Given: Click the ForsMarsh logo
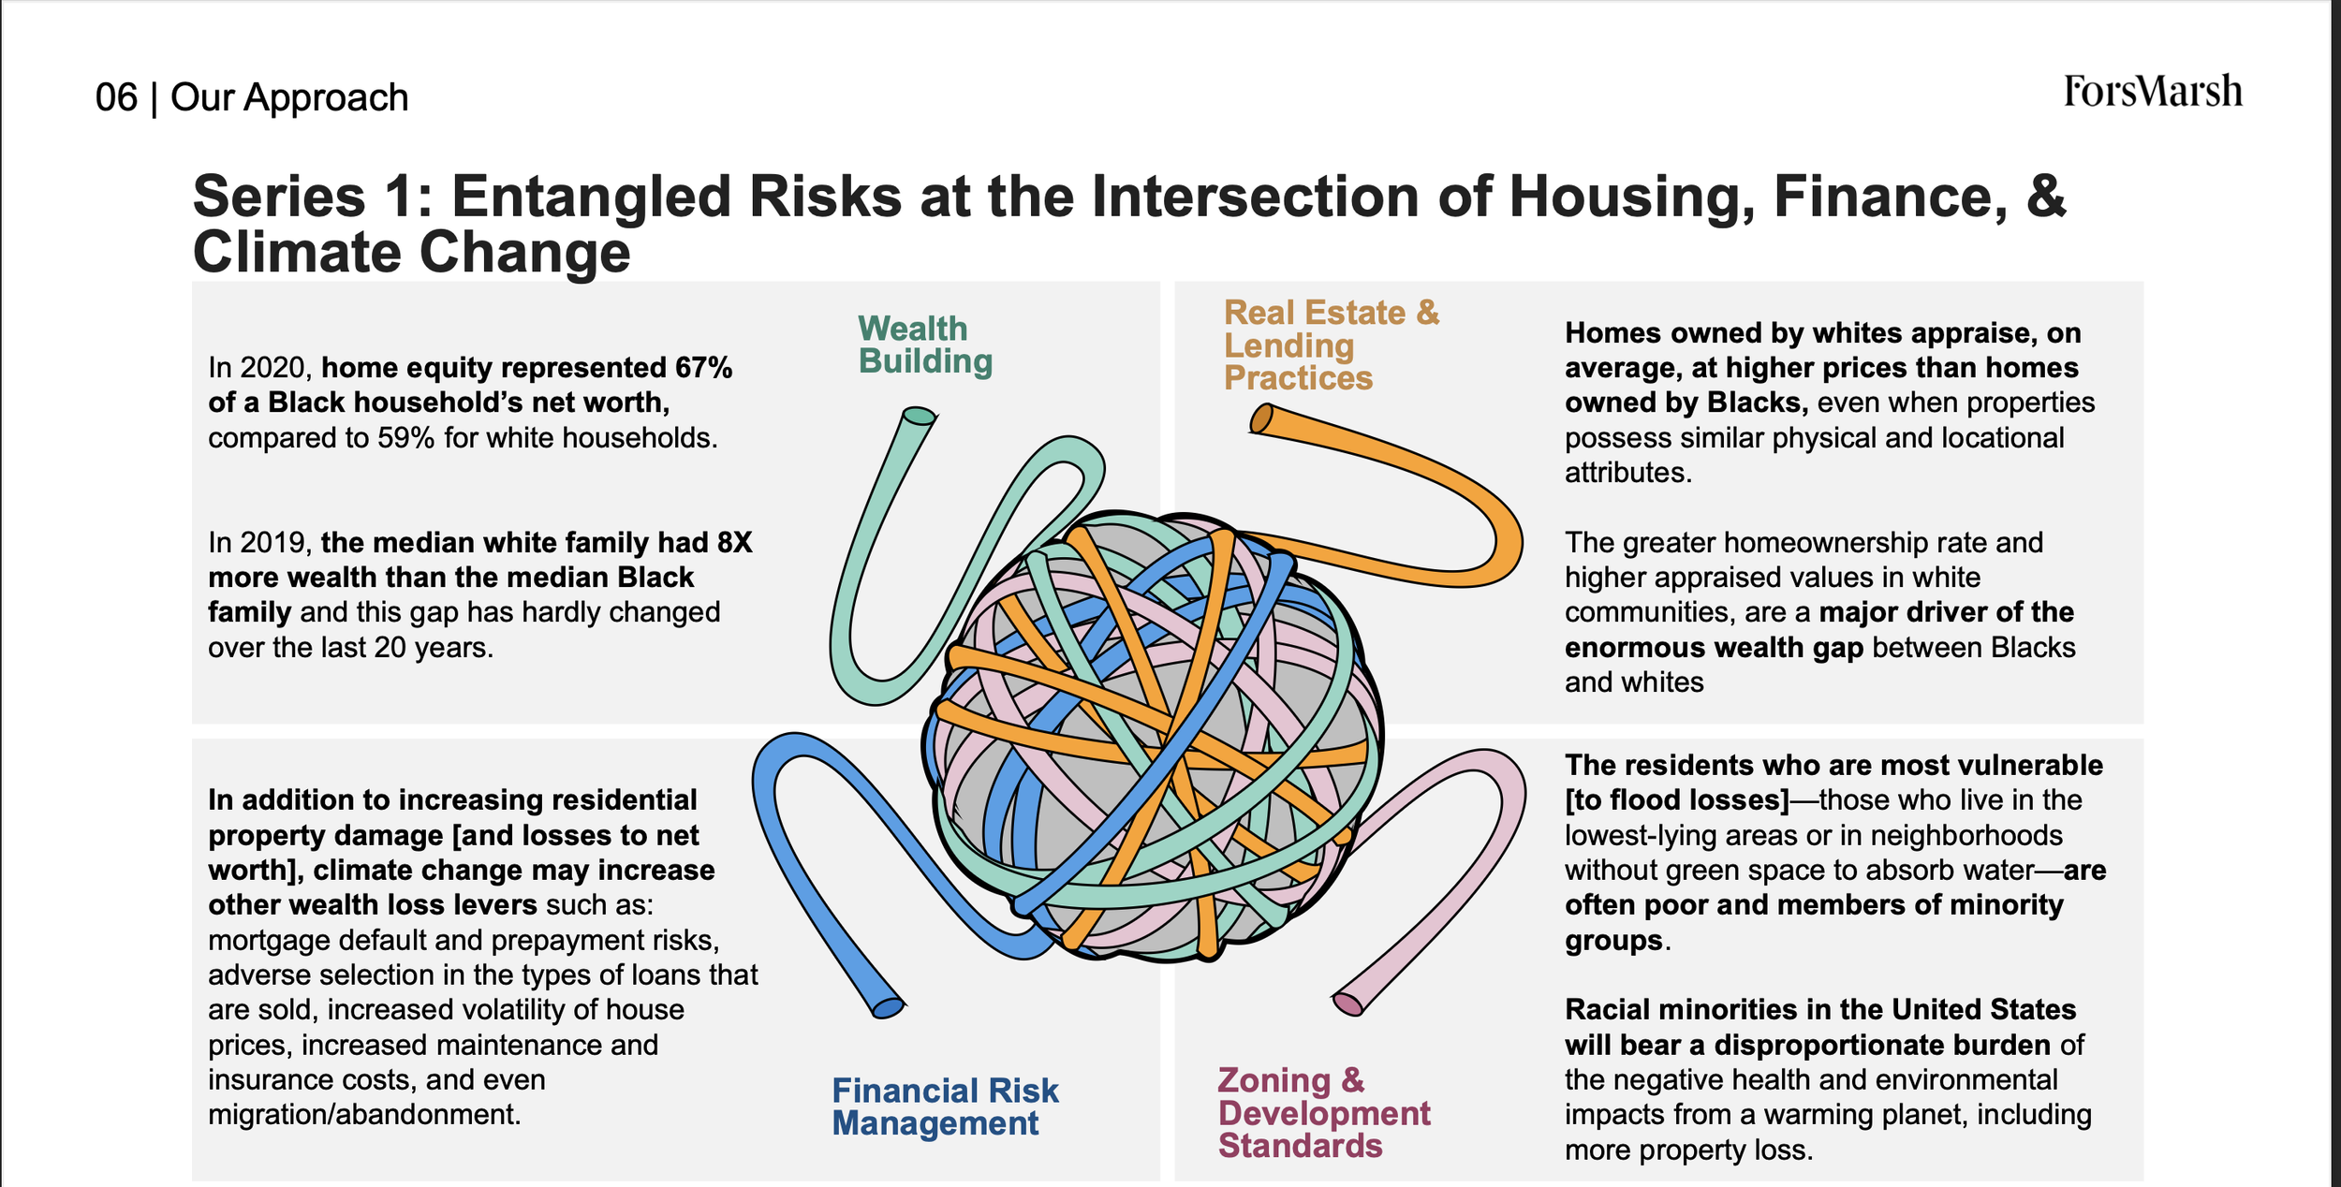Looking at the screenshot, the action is coord(2153,92).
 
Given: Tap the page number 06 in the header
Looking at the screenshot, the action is coord(116,97).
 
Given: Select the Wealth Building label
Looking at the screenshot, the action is coord(925,344).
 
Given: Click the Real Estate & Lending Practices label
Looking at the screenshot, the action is coord(1332,344).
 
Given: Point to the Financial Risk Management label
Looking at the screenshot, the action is coord(945,1106).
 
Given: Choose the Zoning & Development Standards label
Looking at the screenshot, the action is coord(1324,1112).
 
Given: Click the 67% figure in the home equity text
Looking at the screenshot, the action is coord(703,368).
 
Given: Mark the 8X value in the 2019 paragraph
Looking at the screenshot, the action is coord(734,543).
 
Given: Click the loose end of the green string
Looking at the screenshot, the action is coord(919,416).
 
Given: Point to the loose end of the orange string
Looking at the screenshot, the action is coord(1262,418).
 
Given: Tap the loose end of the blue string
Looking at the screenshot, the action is coord(888,1008).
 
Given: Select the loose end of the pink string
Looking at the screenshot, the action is coord(1348,1004).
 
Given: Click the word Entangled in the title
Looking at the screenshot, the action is coord(676,197).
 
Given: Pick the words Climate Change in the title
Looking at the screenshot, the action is coord(412,253).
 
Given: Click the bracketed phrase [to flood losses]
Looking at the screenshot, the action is coord(1677,800).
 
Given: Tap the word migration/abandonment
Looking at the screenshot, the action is coord(364,1115).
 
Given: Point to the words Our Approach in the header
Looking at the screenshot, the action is coord(289,97).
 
